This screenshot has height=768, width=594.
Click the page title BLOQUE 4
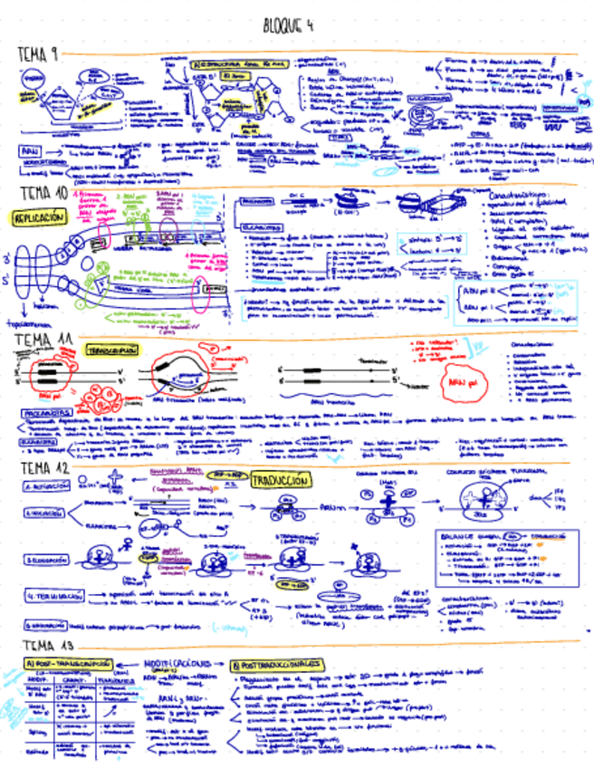pos(288,24)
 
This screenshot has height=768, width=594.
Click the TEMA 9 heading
pos(38,56)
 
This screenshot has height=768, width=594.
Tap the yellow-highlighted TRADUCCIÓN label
pos(280,480)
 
